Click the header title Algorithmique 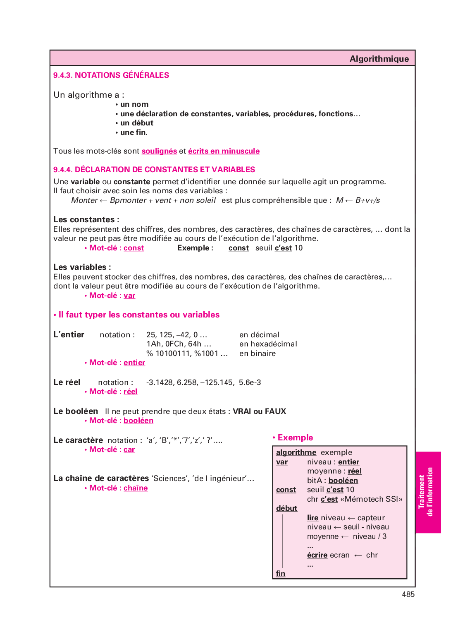(379, 59)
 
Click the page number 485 (408, 594)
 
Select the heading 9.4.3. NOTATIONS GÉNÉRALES (111, 75)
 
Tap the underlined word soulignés (159, 151)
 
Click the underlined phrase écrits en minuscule (224, 151)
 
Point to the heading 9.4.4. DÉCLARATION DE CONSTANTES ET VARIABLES (154, 169)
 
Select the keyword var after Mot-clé (129, 296)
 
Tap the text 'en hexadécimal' (268, 344)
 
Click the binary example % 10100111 (169, 353)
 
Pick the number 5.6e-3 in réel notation (250, 382)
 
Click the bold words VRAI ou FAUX (259, 411)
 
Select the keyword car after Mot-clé (129, 450)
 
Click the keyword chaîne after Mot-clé (136, 488)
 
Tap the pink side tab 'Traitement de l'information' (427, 492)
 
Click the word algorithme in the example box (296, 452)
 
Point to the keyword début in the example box (286, 508)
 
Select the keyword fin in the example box (281, 573)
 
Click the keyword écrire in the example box (317, 555)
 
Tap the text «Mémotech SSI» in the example (371, 499)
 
